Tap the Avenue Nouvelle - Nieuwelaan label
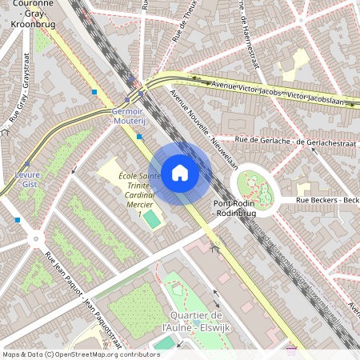coord(204,131)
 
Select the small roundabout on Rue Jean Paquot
coord(35,237)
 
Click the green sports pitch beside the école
coord(151,218)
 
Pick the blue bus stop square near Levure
coord(17,219)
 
